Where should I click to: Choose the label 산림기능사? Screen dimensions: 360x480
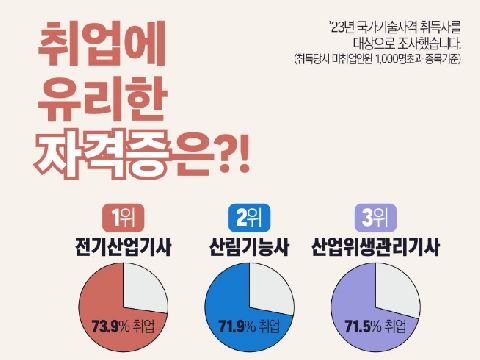[x=249, y=245]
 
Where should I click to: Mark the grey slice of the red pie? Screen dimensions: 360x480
[x=143, y=292]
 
